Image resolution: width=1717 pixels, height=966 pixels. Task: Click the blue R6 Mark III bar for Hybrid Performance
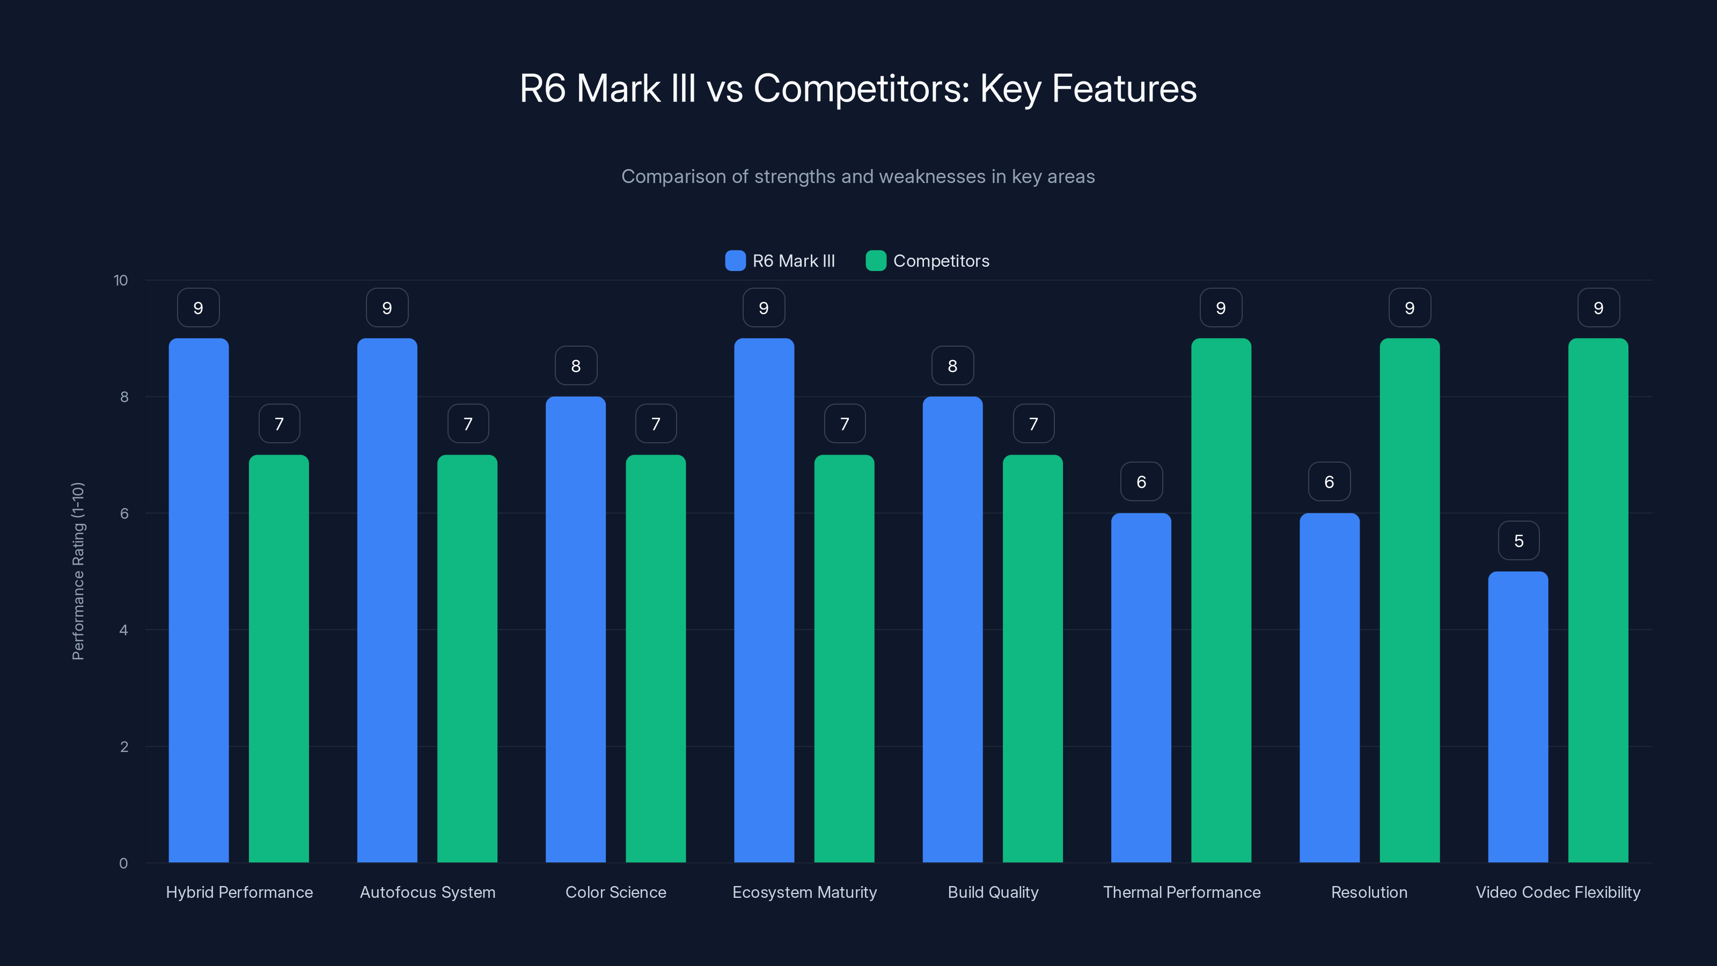click(x=198, y=600)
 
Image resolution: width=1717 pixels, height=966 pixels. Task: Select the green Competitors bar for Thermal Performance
click(x=1221, y=600)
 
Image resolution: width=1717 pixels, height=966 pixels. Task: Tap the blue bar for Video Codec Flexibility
click(x=1518, y=716)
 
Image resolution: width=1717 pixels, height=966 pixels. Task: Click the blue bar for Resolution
click(x=1329, y=687)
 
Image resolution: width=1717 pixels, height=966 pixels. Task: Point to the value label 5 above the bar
click(x=1518, y=540)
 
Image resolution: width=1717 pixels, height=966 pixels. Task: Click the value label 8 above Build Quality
click(x=952, y=366)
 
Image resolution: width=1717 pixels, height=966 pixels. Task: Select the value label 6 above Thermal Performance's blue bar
click(x=1141, y=482)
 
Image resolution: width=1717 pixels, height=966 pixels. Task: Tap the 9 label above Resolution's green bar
click(x=1409, y=308)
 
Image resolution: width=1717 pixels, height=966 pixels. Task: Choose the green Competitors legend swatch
click(x=875, y=261)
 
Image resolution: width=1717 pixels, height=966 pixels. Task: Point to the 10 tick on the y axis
click(x=121, y=281)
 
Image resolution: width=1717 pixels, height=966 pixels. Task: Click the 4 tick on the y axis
click(x=123, y=630)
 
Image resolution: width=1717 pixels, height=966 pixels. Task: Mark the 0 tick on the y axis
click(x=123, y=863)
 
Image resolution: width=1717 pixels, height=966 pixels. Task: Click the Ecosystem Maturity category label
click(x=804, y=892)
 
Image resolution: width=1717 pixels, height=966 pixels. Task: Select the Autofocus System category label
click(x=427, y=892)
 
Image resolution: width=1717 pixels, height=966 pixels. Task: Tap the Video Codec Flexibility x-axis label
click(x=1558, y=892)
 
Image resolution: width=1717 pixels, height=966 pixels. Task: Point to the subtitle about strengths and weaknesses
click(x=858, y=177)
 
